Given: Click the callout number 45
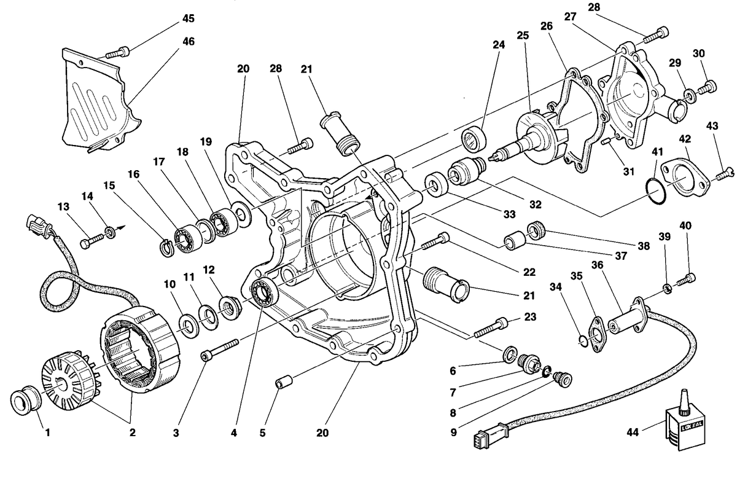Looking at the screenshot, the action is point(188,18).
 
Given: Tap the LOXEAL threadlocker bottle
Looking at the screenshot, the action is point(685,424).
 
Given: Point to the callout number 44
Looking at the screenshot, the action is point(633,432).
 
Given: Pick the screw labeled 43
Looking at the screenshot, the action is point(724,174).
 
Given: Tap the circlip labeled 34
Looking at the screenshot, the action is point(583,341).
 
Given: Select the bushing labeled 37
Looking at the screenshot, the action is point(515,241).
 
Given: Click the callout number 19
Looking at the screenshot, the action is point(206,142).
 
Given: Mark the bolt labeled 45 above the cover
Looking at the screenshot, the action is point(117,52).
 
